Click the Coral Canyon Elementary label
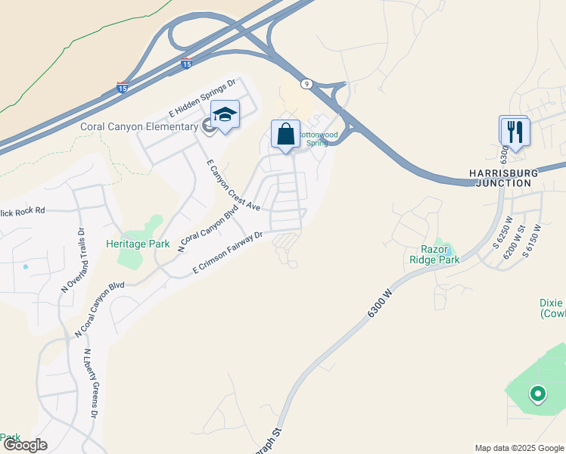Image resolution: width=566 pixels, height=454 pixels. coord(138,126)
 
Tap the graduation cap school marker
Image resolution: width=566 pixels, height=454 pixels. coord(225,115)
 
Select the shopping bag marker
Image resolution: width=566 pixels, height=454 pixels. coord(286,135)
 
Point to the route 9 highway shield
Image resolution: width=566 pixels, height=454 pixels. coord(306,83)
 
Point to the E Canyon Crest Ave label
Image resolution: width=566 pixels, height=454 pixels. coord(233,186)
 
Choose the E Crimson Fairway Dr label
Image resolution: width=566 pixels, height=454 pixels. coord(227,253)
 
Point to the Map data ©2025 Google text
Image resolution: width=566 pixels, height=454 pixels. coord(518,448)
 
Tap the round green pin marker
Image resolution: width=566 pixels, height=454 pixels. coord(537,393)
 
